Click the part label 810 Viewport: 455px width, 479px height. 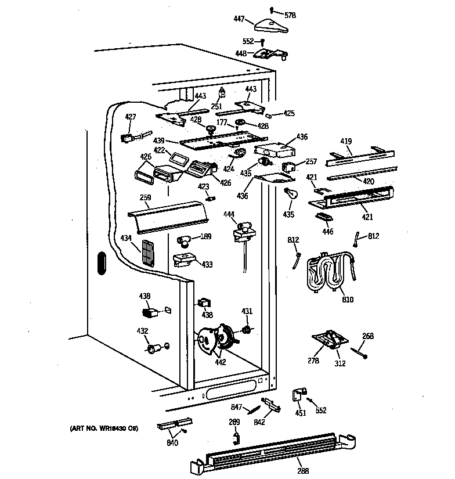(x=348, y=300)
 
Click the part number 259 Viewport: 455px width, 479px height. (x=145, y=197)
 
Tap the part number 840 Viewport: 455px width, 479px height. (x=172, y=443)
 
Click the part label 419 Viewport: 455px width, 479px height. (x=346, y=141)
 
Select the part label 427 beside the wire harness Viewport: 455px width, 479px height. (x=131, y=117)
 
